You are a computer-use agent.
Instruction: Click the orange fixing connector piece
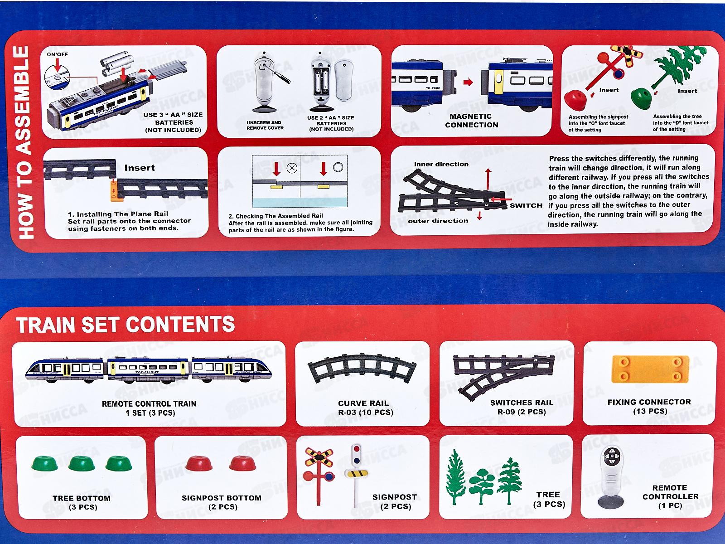pos(650,369)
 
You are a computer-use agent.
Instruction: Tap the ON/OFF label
pos(58,54)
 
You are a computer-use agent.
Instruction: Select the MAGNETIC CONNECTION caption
pos(471,121)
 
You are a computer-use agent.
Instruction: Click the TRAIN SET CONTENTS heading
pos(125,324)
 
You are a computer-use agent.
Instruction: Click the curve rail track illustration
pos(362,368)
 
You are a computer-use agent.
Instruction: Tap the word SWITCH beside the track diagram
pos(526,205)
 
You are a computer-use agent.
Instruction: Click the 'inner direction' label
pos(441,164)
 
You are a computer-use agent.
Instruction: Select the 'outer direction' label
pos(438,221)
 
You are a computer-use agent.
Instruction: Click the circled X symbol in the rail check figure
pos(292,168)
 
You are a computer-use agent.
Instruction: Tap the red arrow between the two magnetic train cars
pos(468,82)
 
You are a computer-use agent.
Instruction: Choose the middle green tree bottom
pos(82,463)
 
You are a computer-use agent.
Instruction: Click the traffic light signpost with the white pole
pos(356,475)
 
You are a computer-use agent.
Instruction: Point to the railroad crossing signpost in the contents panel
pos(319,476)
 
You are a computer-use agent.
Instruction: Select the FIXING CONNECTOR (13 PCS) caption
pos(649,407)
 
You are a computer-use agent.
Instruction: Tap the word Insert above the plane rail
pos(140,168)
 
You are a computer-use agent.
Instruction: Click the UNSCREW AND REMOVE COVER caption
pos(265,125)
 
